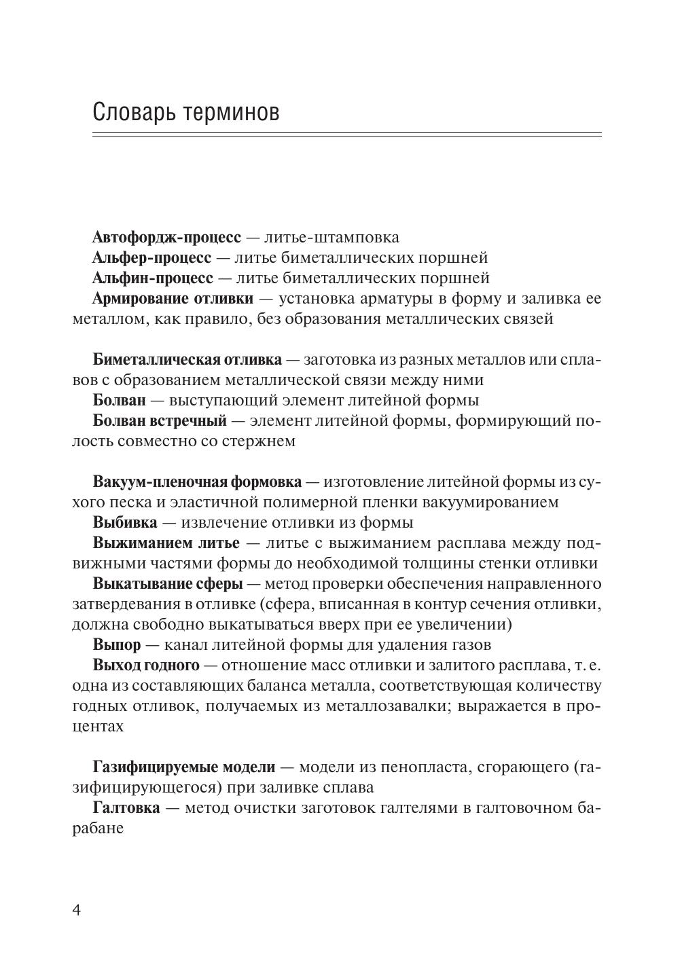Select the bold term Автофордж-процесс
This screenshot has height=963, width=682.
pyautogui.click(x=166, y=238)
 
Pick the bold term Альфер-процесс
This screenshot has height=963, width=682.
pyautogui.click(x=151, y=258)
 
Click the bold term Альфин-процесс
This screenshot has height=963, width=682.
pyautogui.click(x=153, y=278)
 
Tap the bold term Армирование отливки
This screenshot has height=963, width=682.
pyautogui.click(x=173, y=299)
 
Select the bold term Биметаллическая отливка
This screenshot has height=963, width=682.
pyautogui.click(x=187, y=359)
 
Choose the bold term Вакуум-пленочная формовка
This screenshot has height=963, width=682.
pyautogui.click(x=197, y=482)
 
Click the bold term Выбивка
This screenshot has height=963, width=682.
pyautogui.click(x=125, y=523)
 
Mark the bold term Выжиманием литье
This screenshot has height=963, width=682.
pyautogui.click(x=166, y=543)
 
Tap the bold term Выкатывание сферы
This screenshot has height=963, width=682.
pyautogui.click(x=168, y=584)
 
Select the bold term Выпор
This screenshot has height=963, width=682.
pyautogui.click(x=117, y=644)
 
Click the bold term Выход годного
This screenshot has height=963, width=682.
pyautogui.click(x=146, y=665)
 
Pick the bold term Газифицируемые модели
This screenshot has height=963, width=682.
pyautogui.click(x=184, y=767)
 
